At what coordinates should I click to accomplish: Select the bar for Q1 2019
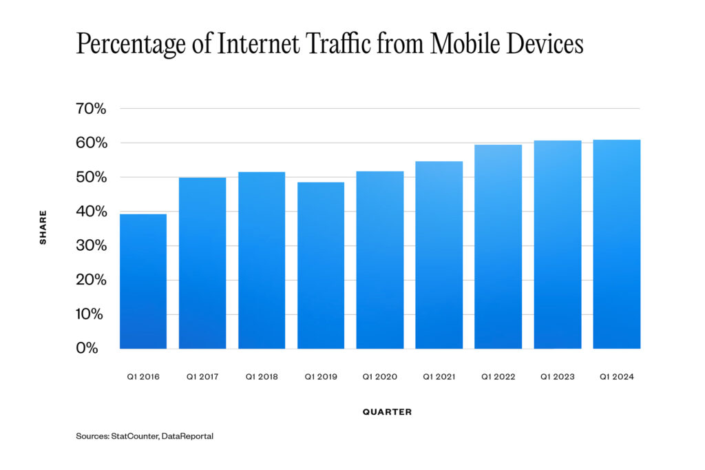[320, 265]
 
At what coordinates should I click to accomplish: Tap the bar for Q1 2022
[498, 247]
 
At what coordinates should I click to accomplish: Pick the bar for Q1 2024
[616, 244]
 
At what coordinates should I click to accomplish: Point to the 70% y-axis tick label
[92, 109]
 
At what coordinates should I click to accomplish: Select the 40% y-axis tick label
[92, 212]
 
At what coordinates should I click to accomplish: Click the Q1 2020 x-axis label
[379, 377]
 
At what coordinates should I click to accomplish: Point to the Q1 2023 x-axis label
[557, 377]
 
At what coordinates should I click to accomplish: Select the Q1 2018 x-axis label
[262, 377]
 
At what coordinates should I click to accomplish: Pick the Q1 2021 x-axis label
[439, 377]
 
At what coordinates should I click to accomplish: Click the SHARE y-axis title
[43, 228]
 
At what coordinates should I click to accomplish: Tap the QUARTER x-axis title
[387, 412]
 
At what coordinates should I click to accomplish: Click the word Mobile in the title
[471, 44]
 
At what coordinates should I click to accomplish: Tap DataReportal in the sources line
[187, 436]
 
